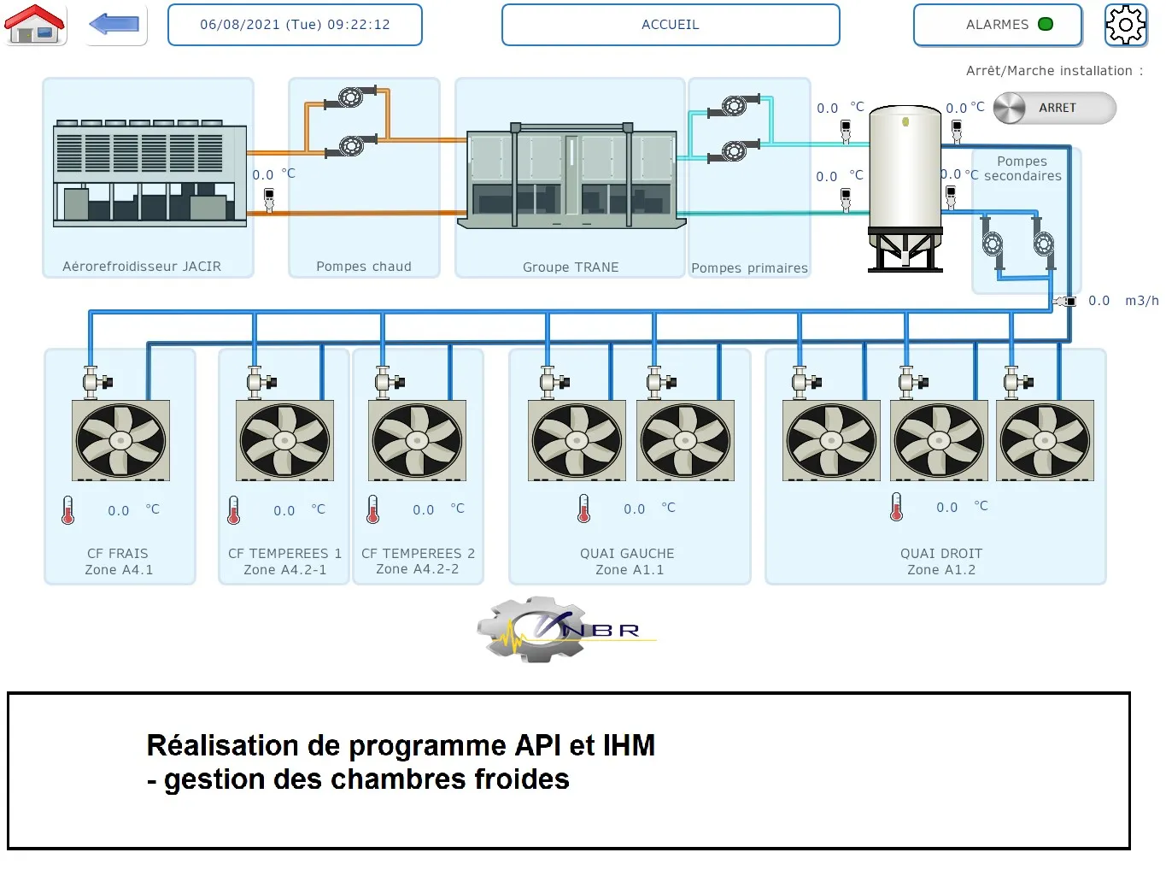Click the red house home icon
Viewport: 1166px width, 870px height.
coord(35,24)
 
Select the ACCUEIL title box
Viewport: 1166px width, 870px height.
coord(671,25)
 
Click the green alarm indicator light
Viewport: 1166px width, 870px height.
coord(1046,24)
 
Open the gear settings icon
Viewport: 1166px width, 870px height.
coord(1126,25)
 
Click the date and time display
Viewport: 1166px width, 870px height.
coord(295,25)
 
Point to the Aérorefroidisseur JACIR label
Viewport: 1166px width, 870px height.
coord(142,267)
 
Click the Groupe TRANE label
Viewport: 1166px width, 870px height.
coord(571,267)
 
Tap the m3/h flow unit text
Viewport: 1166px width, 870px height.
coord(1141,301)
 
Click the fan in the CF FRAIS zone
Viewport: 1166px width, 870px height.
coord(120,440)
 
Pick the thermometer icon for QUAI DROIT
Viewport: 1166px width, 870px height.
coord(896,507)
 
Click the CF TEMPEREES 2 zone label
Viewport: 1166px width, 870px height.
coord(418,561)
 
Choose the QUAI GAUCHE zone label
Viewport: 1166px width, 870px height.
coord(627,561)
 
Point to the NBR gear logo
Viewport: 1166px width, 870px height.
coord(547,631)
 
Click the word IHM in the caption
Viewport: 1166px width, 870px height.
coord(629,745)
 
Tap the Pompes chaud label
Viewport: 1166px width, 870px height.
coord(364,267)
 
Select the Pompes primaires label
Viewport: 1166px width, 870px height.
coord(749,268)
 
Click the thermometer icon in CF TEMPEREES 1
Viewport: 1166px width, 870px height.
coord(234,510)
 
